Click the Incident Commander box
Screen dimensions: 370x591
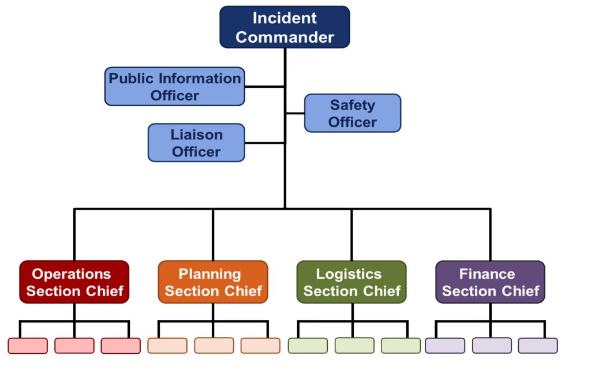pyautogui.click(x=285, y=27)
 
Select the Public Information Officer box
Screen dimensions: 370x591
pyautogui.click(x=174, y=87)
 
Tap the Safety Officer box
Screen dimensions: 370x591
pyautogui.click(x=352, y=113)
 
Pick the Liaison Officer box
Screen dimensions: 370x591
pyautogui.click(x=196, y=143)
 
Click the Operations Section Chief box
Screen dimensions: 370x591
pyautogui.click(x=74, y=282)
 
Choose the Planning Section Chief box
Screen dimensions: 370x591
pyautogui.click(x=213, y=282)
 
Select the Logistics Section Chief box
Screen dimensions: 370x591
pyautogui.click(x=351, y=282)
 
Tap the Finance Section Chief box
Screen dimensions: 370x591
pyautogui.click(x=490, y=282)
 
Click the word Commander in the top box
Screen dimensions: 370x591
pyautogui.click(x=285, y=38)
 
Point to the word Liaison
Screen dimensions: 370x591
pyautogui.click(x=196, y=135)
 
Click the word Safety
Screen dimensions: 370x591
pyautogui.click(x=352, y=105)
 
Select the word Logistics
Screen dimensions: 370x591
pyautogui.click(x=349, y=274)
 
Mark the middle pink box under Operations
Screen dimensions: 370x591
pyautogui.click(x=74, y=346)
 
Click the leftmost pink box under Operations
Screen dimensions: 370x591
pyautogui.click(x=28, y=346)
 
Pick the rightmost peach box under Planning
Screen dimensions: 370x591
pyautogui.click(x=260, y=346)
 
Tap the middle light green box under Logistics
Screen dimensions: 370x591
pyautogui.click(x=354, y=346)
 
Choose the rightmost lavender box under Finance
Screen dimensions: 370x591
pyautogui.click(x=538, y=346)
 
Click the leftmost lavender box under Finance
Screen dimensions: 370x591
pyautogui.click(x=445, y=346)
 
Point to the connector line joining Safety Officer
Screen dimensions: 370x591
pyautogui.click(x=295, y=113)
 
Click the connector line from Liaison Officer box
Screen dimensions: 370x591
pyautogui.click(x=265, y=143)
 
